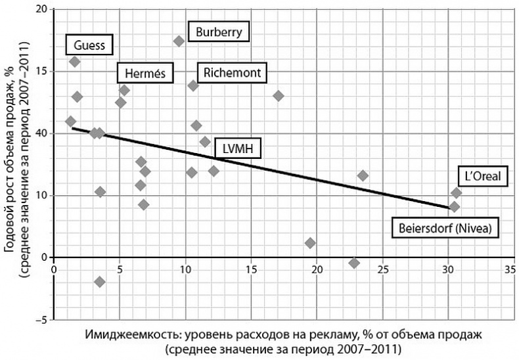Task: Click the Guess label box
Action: pyautogui.click(x=89, y=45)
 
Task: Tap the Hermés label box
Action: pyautogui.click(x=145, y=73)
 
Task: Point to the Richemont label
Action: pyautogui.click(x=232, y=73)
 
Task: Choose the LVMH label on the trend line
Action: pyautogui.click(x=233, y=150)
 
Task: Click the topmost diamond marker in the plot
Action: pyautogui.click(x=179, y=41)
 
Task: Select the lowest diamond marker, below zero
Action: pyautogui.click(x=100, y=282)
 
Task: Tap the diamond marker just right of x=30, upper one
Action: pyautogui.click(x=456, y=192)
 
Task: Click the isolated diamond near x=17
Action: pyautogui.click(x=278, y=95)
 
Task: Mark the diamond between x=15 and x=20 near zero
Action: pyautogui.click(x=310, y=243)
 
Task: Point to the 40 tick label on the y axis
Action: pyautogui.click(x=41, y=133)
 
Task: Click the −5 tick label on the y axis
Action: pyautogui.click(x=41, y=320)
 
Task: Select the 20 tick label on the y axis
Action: pyautogui.click(x=41, y=9)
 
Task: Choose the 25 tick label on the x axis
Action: pyautogui.click(x=382, y=269)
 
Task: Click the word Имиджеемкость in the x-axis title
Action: pyautogui.click(x=124, y=334)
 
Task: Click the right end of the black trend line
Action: pyautogui.click(x=449, y=208)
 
